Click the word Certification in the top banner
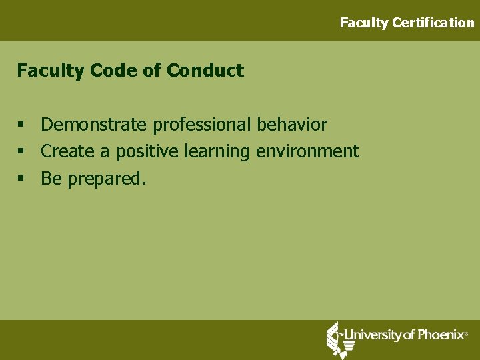coord(433,23)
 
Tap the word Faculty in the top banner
coord(364,23)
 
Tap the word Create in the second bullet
coord(68,151)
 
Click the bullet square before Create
coord(22,152)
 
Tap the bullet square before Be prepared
coord(22,179)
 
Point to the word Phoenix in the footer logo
coord(440,335)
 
